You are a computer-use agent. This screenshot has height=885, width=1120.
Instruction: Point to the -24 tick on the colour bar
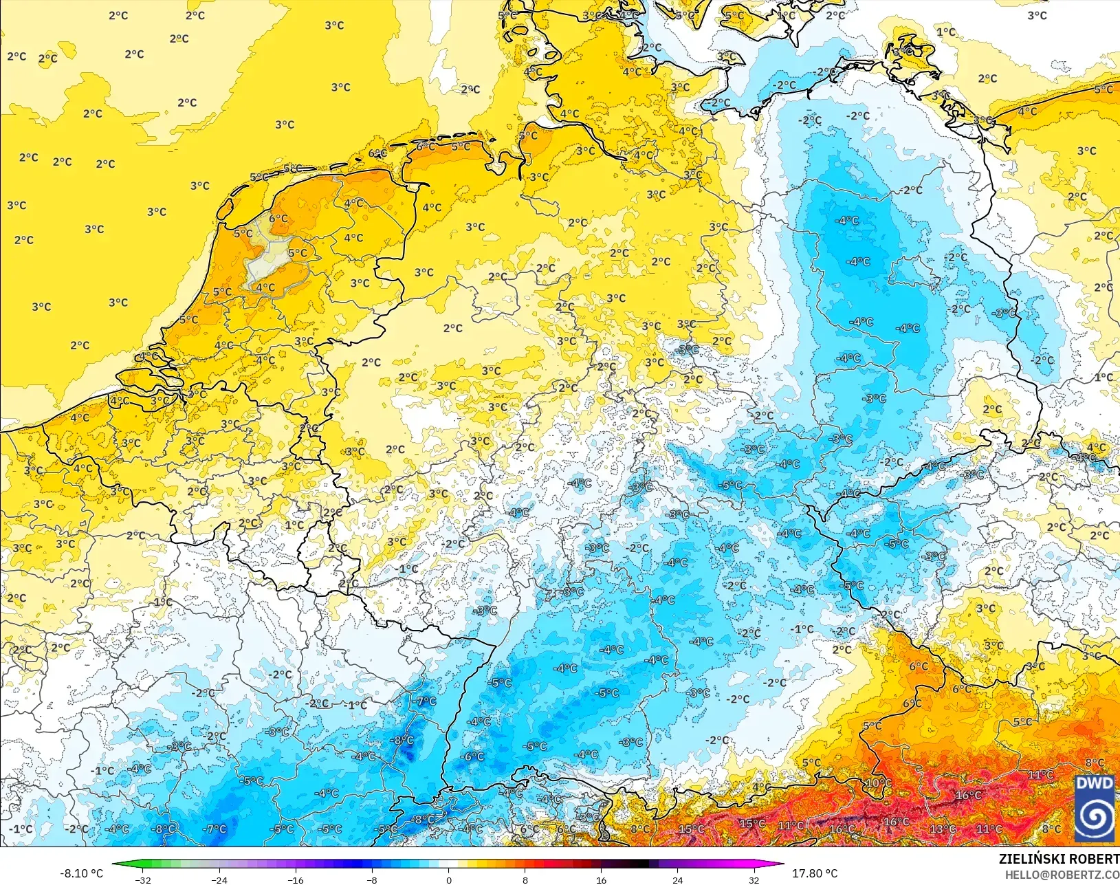pos(219,879)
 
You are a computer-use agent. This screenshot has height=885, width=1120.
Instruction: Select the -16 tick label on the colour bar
pos(295,879)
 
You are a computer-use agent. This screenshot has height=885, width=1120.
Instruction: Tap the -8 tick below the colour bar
pos(372,879)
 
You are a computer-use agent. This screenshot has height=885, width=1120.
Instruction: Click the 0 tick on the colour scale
pos(448,879)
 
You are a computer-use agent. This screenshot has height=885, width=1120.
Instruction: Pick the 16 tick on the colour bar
pos(601,879)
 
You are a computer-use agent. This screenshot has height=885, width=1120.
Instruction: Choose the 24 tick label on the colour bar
pos(677,879)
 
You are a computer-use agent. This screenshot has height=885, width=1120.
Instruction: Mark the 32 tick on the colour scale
pos(754,879)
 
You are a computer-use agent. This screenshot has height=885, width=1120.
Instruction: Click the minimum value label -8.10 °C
pos(81,873)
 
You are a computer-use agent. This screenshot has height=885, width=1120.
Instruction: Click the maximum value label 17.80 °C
pos(815,873)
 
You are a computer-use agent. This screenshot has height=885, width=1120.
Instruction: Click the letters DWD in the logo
pos(1095,784)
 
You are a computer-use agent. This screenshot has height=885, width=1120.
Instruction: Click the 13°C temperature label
pos(943,829)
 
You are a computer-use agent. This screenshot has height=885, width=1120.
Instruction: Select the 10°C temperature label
pos(878,783)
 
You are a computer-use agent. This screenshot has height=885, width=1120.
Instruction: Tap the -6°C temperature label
pos(473,756)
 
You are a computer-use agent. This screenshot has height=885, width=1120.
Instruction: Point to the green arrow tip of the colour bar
pos(114,864)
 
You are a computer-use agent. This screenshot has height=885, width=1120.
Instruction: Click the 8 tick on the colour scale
pos(525,879)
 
